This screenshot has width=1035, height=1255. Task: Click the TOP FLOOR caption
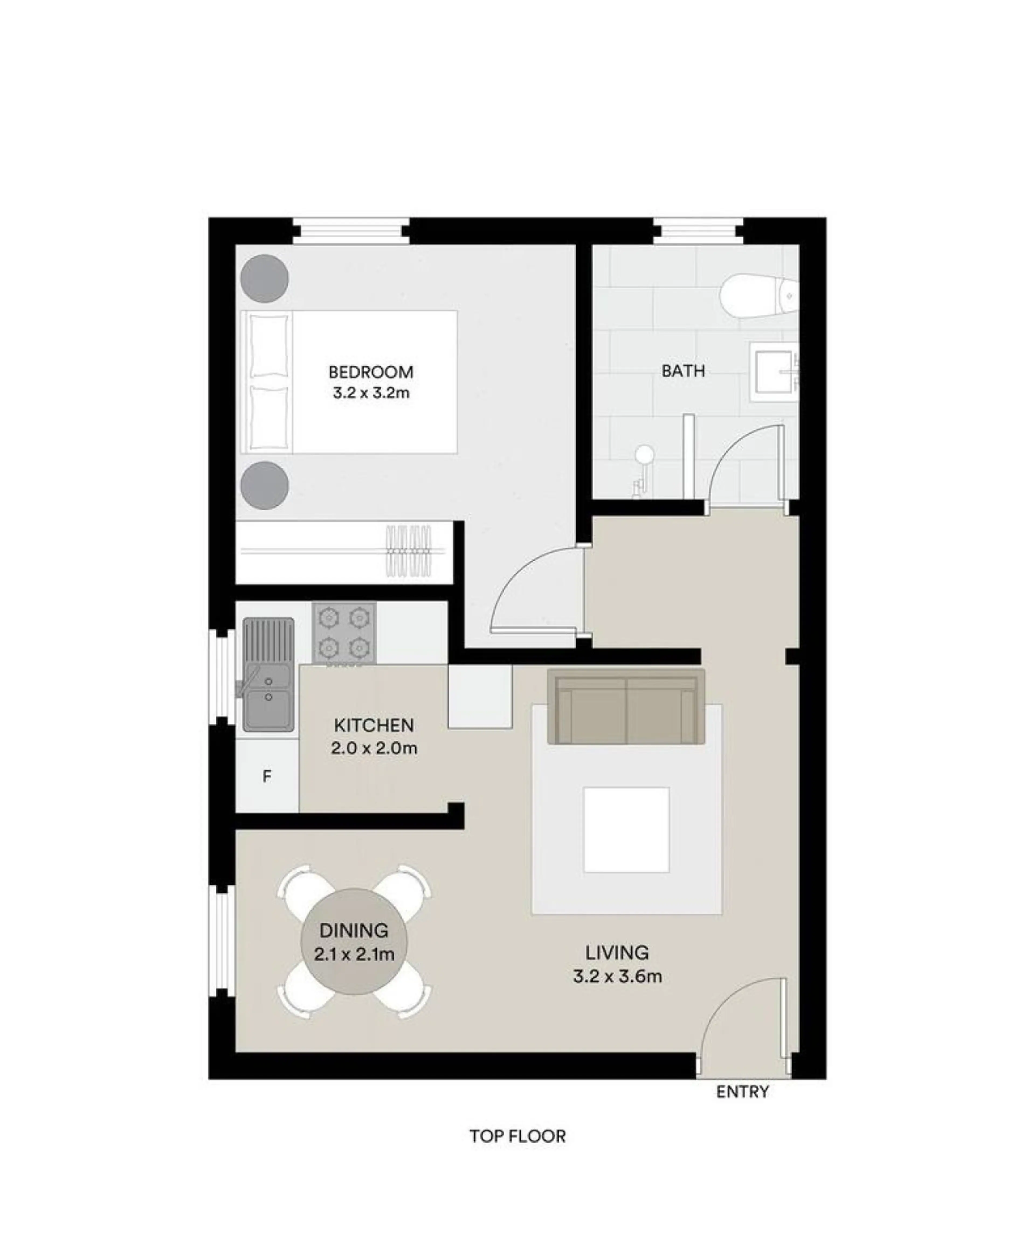pos(517,1152)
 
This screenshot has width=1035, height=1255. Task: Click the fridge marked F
pos(267,777)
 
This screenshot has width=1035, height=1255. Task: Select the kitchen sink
pos(268,675)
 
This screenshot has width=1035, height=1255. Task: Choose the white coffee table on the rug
pos(626,830)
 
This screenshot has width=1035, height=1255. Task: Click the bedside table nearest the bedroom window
pos(265,279)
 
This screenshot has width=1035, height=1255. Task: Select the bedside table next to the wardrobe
pos(265,485)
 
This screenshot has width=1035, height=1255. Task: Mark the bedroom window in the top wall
pos(351,231)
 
